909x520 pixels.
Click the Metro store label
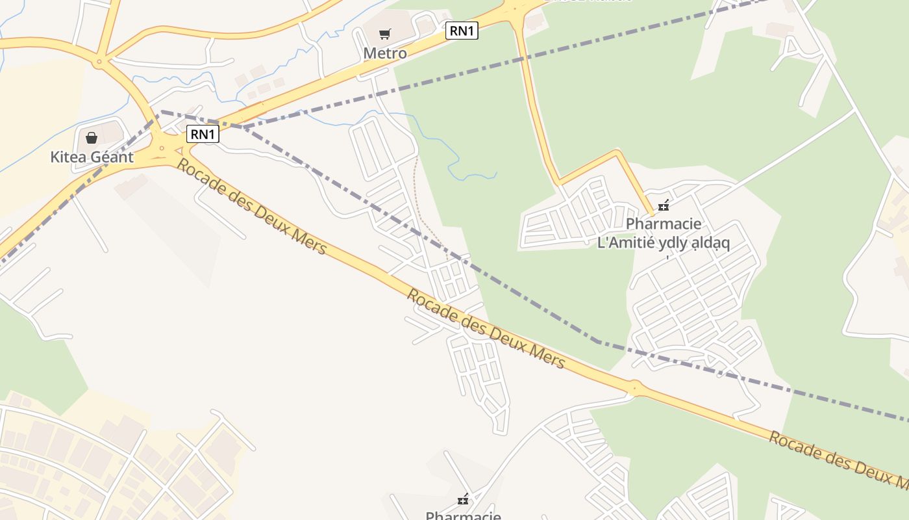(x=385, y=53)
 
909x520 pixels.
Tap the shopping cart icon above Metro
(x=385, y=34)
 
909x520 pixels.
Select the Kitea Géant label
(x=92, y=157)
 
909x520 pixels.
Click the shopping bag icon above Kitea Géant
(x=92, y=137)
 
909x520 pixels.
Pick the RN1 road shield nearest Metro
(x=462, y=31)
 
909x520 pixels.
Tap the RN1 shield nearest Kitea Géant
(x=203, y=135)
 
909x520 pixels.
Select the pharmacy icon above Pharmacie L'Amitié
(x=663, y=206)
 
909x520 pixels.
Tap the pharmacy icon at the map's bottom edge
(x=463, y=499)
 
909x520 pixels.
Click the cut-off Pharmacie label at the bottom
(x=463, y=515)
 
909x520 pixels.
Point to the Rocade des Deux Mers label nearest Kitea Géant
(x=251, y=207)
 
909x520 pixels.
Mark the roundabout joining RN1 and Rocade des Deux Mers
(x=162, y=148)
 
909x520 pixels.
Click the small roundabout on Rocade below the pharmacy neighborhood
(x=634, y=387)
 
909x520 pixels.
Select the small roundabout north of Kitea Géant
(x=99, y=62)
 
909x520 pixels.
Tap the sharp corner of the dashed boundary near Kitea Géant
(x=160, y=111)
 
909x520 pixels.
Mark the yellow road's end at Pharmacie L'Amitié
(x=651, y=213)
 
